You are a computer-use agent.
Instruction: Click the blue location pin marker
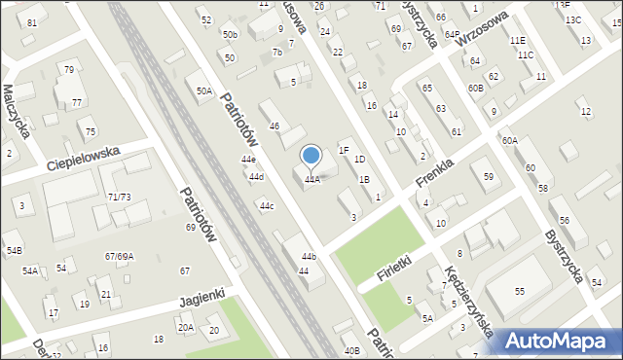point(311,156)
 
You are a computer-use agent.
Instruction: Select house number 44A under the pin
point(311,180)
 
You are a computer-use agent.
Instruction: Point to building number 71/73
point(119,198)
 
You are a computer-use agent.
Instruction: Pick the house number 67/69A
point(119,256)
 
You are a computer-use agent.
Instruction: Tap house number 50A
point(203,91)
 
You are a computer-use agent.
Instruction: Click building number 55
point(520,292)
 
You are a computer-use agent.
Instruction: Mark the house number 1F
point(344,150)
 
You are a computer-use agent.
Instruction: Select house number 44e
point(248,160)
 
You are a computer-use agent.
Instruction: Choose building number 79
point(68,70)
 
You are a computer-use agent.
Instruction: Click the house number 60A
point(510,141)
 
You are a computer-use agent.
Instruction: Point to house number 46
point(275,126)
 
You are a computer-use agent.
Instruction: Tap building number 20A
point(185,328)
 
